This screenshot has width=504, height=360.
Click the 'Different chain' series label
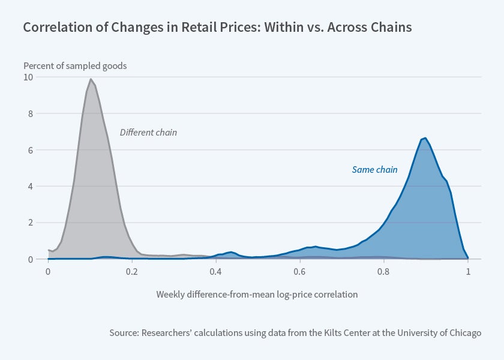pyautogui.click(x=148, y=133)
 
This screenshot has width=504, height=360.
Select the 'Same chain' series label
pyautogui.click(x=374, y=170)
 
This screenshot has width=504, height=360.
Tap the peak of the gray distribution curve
pyautogui.click(x=90, y=79)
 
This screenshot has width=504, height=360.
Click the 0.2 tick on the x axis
pyautogui.click(x=131, y=271)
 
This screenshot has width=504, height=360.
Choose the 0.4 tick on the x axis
pyautogui.click(x=215, y=271)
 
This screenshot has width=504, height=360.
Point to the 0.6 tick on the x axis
pyautogui.click(x=299, y=271)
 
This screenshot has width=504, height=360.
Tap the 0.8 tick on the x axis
pyautogui.click(x=383, y=271)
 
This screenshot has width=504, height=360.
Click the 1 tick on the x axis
pyautogui.click(x=467, y=271)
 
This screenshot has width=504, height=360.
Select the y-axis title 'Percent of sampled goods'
pyautogui.click(x=75, y=66)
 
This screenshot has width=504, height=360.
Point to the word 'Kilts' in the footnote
pyautogui.click(x=334, y=332)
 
